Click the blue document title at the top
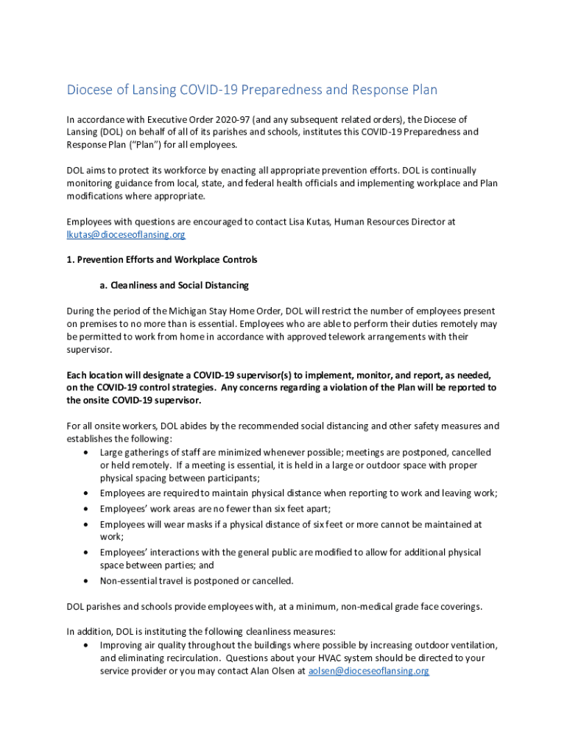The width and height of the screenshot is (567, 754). point(252,90)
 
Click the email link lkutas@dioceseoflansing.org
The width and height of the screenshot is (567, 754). point(126,234)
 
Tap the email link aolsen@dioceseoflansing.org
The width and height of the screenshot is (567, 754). point(368,671)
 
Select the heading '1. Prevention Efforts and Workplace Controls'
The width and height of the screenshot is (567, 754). point(162,260)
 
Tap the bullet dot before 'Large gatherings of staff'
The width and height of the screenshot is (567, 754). point(88,452)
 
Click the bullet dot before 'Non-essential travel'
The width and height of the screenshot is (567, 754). point(88,580)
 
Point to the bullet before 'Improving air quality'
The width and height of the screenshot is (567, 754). point(88,644)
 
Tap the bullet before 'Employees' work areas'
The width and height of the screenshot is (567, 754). point(88,508)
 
